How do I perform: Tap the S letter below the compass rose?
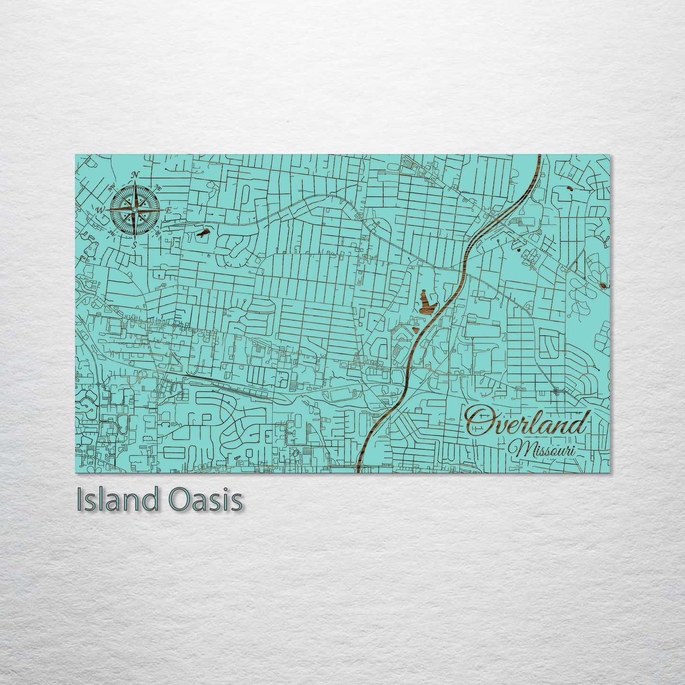(135, 245)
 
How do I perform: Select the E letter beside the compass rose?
(168, 210)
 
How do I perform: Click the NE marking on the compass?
(159, 188)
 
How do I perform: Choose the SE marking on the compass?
(158, 232)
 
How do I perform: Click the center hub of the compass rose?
(135, 210)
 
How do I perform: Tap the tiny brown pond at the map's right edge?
(603, 285)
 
